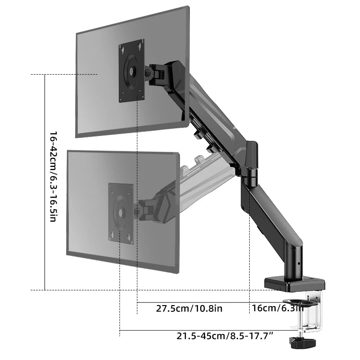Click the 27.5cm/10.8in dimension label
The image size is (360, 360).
click(x=189, y=309)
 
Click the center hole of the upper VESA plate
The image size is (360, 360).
click(x=131, y=71)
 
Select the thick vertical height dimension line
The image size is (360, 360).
click(x=45, y=180)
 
